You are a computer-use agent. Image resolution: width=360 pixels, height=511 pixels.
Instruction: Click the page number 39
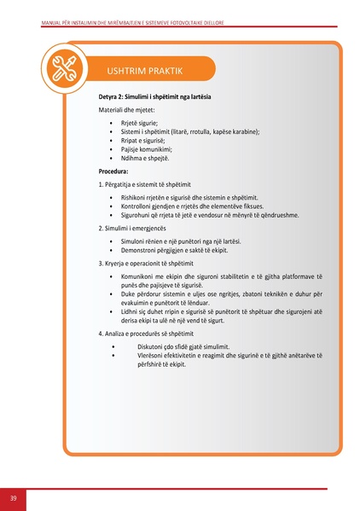click(x=14, y=497)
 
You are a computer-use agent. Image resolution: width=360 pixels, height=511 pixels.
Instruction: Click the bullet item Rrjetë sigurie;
click(x=134, y=124)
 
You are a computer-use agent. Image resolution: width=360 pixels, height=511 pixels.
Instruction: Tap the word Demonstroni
click(x=140, y=250)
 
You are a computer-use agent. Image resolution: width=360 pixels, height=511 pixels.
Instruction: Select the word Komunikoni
click(x=139, y=276)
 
